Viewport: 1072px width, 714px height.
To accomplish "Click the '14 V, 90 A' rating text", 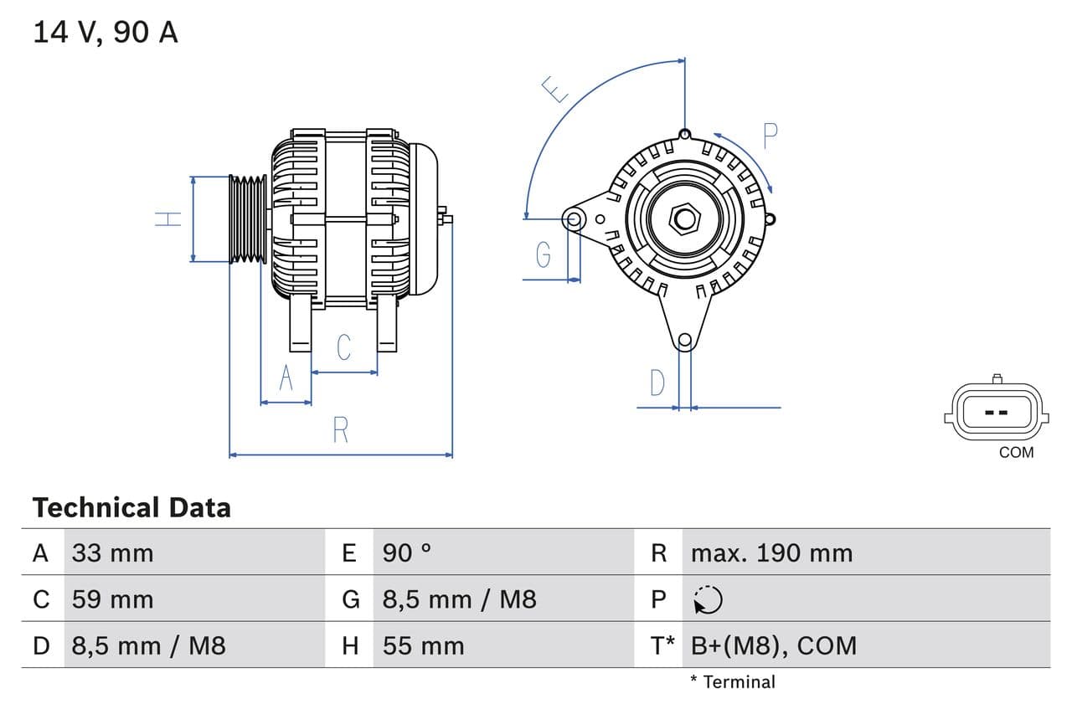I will click(106, 33).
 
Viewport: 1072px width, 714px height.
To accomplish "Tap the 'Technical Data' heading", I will click(131, 508).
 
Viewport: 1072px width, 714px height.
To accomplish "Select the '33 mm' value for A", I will click(112, 553).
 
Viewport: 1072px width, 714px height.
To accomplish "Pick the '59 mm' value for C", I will click(112, 599).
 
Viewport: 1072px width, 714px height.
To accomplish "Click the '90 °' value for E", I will click(407, 553).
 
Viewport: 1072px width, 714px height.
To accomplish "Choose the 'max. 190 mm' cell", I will click(771, 553).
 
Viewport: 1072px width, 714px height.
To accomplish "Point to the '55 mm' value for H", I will click(423, 646).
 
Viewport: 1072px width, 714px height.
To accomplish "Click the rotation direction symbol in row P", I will click(708, 599).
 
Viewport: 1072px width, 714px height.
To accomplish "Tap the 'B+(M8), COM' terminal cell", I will click(774, 646).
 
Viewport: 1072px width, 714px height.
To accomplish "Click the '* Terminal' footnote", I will click(733, 682).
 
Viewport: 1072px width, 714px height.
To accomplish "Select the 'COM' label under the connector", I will click(1016, 453).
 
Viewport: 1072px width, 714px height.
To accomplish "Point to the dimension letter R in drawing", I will click(340, 430).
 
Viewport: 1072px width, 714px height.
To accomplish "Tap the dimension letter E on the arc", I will click(554, 89).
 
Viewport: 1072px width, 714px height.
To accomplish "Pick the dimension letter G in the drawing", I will click(544, 254).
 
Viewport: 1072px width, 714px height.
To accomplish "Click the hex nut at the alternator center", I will click(685, 219).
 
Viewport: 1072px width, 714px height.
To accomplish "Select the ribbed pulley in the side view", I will click(248, 219).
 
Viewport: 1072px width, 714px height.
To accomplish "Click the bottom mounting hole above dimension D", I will click(684, 340).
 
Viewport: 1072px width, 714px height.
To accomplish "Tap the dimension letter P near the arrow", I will click(770, 136).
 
